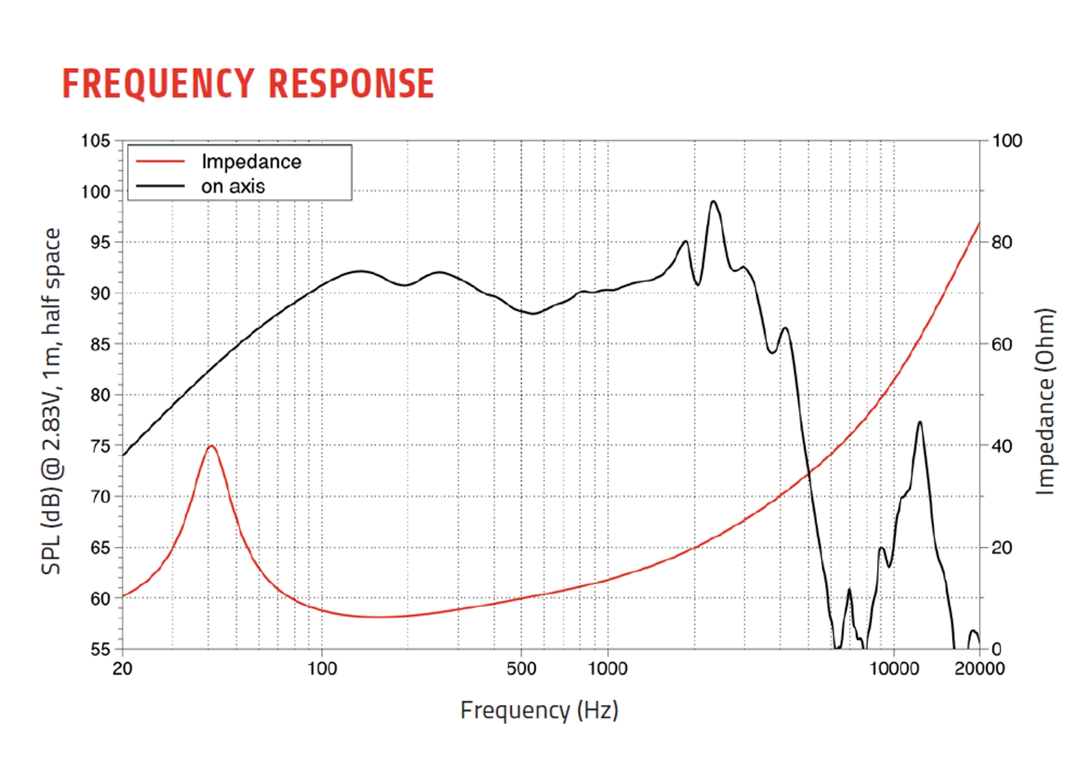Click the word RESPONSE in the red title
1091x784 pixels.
[x=351, y=84]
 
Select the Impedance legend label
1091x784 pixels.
[x=251, y=162]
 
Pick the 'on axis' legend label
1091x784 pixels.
[x=233, y=186]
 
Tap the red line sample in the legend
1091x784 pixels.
[x=160, y=162]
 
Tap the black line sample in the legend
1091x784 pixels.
[x=160, y=185]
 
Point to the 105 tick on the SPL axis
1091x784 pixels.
[x=95, y=141]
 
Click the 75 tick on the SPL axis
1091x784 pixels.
[x=100, y=446]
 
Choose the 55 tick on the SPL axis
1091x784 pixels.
[x=100, y=649]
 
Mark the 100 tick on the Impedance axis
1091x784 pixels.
[x=1006, y=141]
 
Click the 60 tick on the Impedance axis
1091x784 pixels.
[x=1001, y=344]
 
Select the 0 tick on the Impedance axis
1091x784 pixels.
[x=996, y=649]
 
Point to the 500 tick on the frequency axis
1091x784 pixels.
[x=522, y=669]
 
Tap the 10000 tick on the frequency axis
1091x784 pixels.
[x=893, y=669]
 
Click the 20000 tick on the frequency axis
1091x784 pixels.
[x=979, y=669]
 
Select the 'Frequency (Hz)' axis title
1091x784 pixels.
[x=539, y=710]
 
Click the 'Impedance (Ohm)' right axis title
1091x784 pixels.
[x=1045, y=402]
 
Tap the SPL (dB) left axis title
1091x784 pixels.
[x=52, y=402]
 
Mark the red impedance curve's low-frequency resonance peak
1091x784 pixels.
[x=212, y=446]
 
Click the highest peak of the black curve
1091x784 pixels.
[x=713, y=201]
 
